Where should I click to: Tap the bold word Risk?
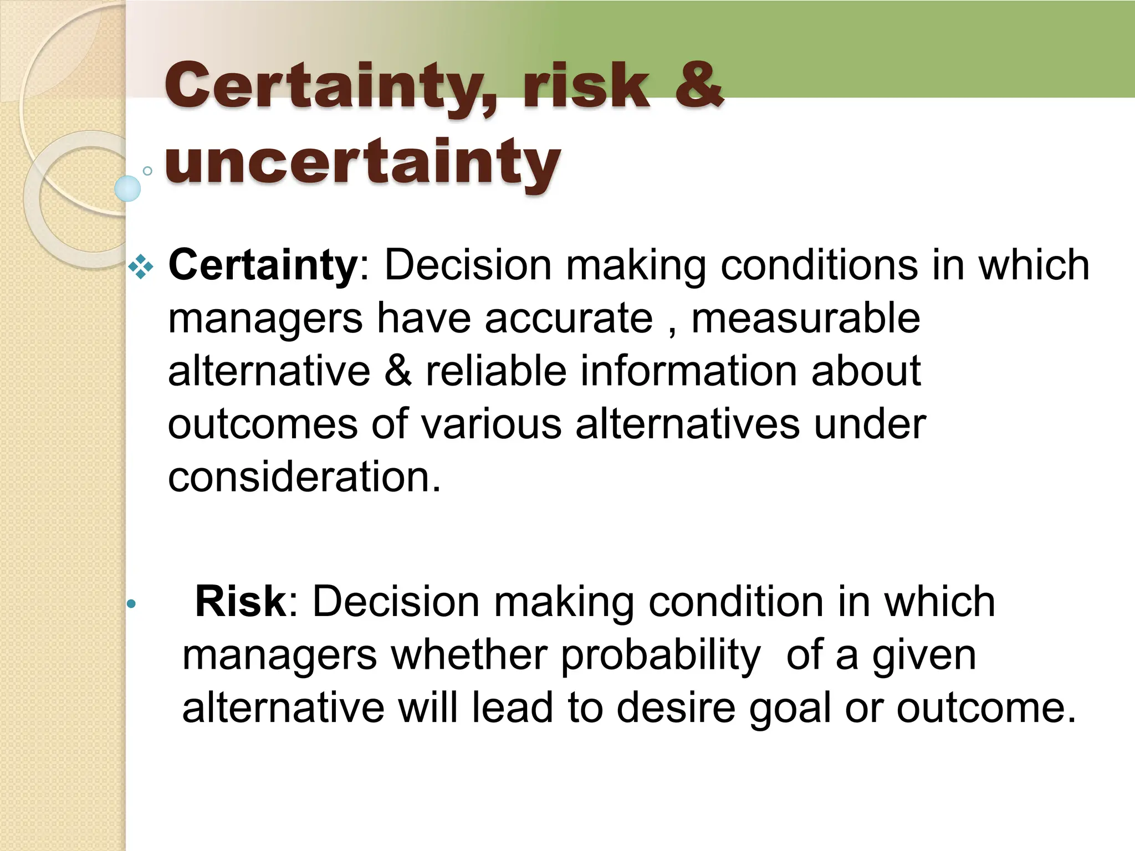(240, 602)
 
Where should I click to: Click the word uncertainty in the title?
(363, 162)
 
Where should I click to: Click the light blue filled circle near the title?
(128, 188)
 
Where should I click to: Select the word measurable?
(806, 319)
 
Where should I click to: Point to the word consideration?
(304, 477)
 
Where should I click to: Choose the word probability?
(661, 655)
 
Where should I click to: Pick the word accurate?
(569, 319)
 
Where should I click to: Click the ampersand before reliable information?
(397, 371)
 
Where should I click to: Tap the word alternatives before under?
(687, 425)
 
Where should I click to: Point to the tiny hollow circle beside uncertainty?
(147, 171)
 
